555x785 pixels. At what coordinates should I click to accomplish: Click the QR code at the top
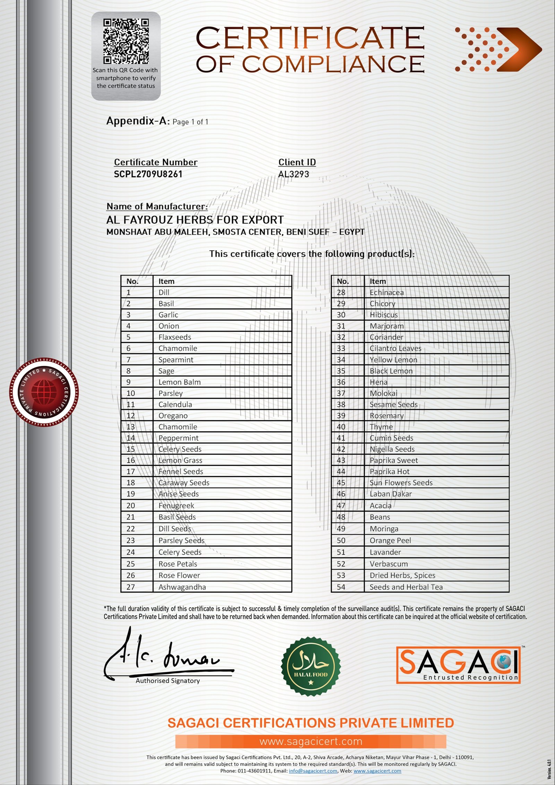[x=126, y=41]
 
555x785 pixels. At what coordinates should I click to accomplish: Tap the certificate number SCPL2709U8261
[x=148, y=174]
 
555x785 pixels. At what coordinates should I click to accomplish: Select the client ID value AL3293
[x=293, y=174]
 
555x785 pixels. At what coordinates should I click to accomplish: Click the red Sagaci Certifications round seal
[x=44, y=392]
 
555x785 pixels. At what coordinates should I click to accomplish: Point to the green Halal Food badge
[x=310, y=666]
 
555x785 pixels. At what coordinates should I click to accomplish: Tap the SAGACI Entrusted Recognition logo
[x=458, y=665]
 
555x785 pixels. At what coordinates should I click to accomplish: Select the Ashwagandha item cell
[x=182, y=587]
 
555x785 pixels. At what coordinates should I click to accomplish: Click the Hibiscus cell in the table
[x=384, y=315]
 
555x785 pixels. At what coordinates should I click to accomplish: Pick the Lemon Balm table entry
[x=179, y=382]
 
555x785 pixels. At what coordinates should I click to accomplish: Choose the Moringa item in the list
[x=384, y=529]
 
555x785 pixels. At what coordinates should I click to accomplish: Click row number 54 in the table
[x=341, y=587]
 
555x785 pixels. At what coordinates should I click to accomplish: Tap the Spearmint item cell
[x=176, y=360]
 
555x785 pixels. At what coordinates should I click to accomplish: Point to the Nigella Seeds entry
[x=392, y=449]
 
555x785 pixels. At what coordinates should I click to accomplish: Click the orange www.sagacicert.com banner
[x=310, y=741]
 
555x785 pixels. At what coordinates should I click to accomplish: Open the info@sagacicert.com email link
[x=313, y=771]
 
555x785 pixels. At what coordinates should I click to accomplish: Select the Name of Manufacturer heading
[x=157, y=206]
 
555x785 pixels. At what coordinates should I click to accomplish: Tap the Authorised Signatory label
[x=168, y=681]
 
